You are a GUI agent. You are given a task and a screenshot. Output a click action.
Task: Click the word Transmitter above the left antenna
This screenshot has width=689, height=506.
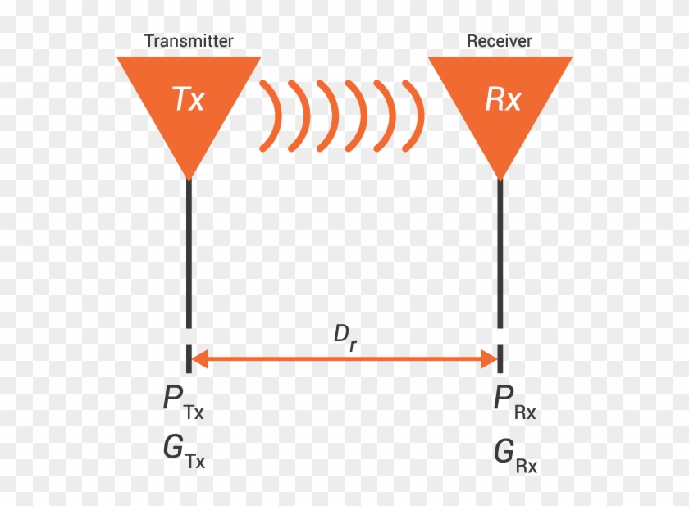(189, 41)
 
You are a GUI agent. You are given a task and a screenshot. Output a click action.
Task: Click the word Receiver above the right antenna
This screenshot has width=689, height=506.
(500, 41)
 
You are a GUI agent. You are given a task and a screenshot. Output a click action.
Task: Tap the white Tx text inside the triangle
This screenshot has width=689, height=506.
(189, 99)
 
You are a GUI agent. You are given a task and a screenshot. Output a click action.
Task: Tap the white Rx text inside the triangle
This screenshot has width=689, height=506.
(502, 99)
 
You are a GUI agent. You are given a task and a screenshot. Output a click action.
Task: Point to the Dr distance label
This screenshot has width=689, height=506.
(344, 338)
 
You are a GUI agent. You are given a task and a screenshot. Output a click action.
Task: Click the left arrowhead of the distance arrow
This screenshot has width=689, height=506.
(199, 358)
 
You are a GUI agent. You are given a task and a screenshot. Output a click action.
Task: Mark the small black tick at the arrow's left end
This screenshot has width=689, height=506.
(189, 358)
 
